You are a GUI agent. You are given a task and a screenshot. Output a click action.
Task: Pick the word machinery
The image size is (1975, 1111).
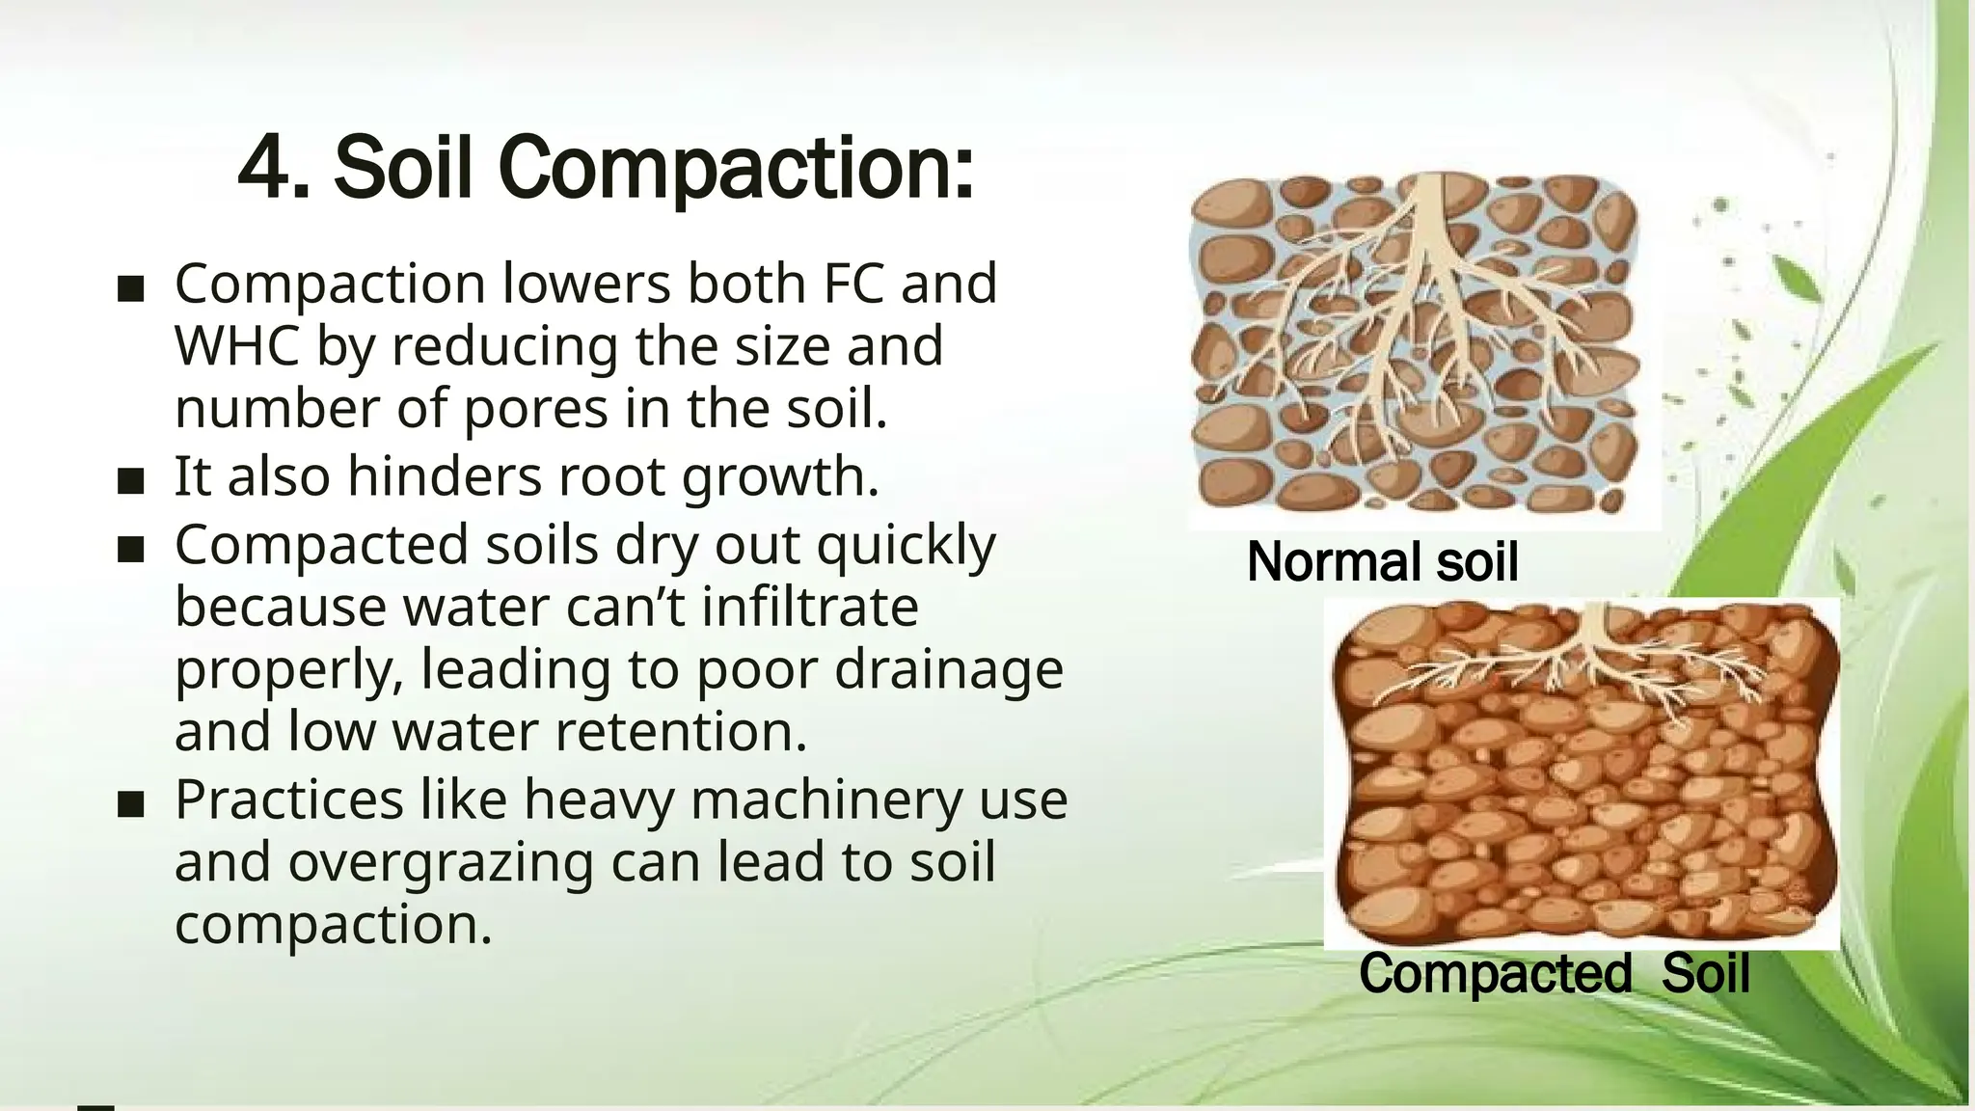coord(825,799)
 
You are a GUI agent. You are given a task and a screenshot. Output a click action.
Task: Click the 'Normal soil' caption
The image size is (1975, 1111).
coord(1382,561)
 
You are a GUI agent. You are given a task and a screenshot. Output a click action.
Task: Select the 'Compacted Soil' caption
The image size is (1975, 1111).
coord(1554,973)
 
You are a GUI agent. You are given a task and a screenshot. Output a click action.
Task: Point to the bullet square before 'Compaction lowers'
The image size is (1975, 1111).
coord(130,288)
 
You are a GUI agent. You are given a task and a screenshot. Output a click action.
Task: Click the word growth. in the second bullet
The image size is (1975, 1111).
coord(780,476)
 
